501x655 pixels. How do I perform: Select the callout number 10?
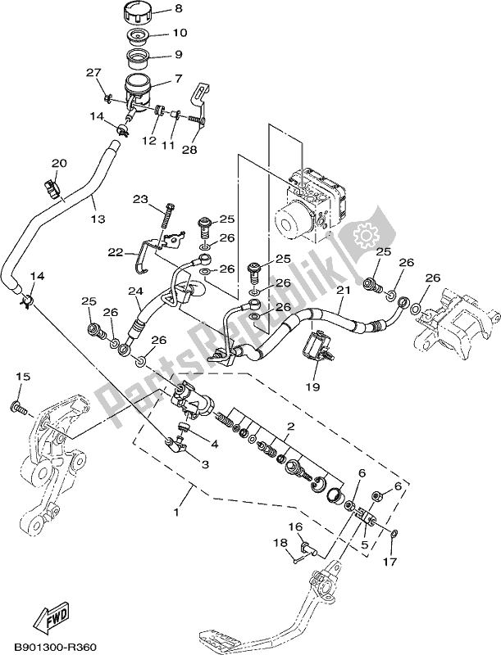(180, 34)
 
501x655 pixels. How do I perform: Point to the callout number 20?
(59, 163)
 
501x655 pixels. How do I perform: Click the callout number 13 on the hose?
(98, 219)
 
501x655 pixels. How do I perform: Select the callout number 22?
(116, 253)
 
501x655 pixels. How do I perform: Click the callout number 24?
(134, 291)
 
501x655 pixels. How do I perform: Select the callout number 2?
(289, 427)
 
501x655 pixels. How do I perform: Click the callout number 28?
(190, 151)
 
